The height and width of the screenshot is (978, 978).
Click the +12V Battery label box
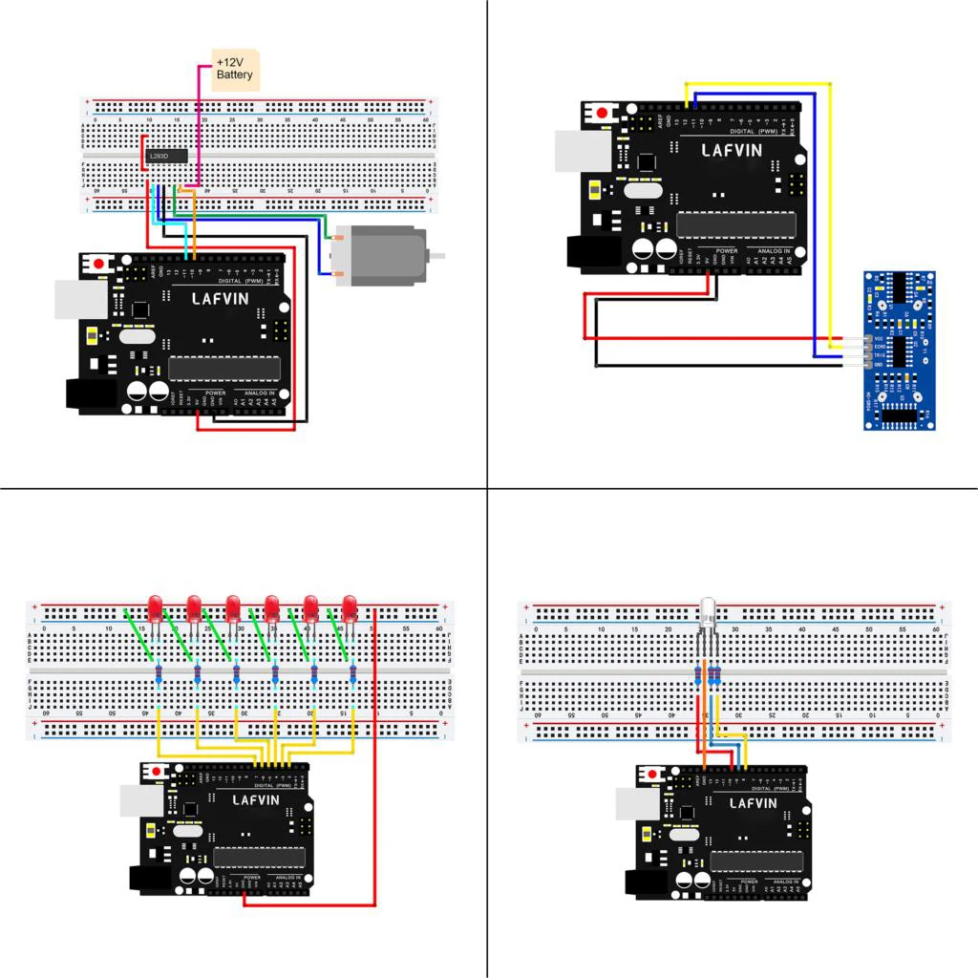tap(235, 70)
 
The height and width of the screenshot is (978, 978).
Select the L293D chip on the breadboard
tap(165, 156)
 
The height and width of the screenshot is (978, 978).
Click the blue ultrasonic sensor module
tap(899, 350)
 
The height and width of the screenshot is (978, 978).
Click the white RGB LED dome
tap(708, 610)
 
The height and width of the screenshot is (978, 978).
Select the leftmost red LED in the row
tap(156, 606)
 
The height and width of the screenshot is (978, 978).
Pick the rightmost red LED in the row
tap(350, 606)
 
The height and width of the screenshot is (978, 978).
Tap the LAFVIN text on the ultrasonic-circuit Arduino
tap(733, 150)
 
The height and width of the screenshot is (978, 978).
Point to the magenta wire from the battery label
tap(199, 124)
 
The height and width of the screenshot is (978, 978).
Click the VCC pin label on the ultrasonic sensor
tap(878, 339)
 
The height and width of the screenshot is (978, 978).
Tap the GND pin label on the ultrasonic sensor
tap(878, 365)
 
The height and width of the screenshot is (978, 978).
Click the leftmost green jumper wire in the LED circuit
tap(140, 633)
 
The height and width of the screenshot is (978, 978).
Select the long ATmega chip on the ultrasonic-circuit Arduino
tap(735, 224)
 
